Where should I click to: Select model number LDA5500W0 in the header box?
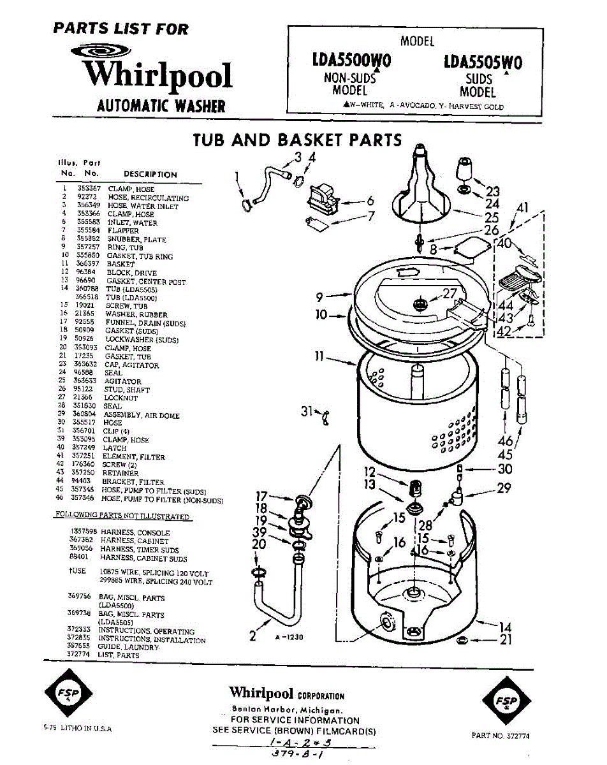coord(351,62)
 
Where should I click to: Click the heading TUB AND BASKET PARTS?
coord(298,140)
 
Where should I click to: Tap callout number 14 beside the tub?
coord(505,627)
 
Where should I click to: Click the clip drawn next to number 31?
coord(326,417)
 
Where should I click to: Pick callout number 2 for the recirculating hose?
coord(252,636)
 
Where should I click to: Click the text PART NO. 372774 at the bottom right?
coord(501,736)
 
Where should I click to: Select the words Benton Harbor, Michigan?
coord(287,710)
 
